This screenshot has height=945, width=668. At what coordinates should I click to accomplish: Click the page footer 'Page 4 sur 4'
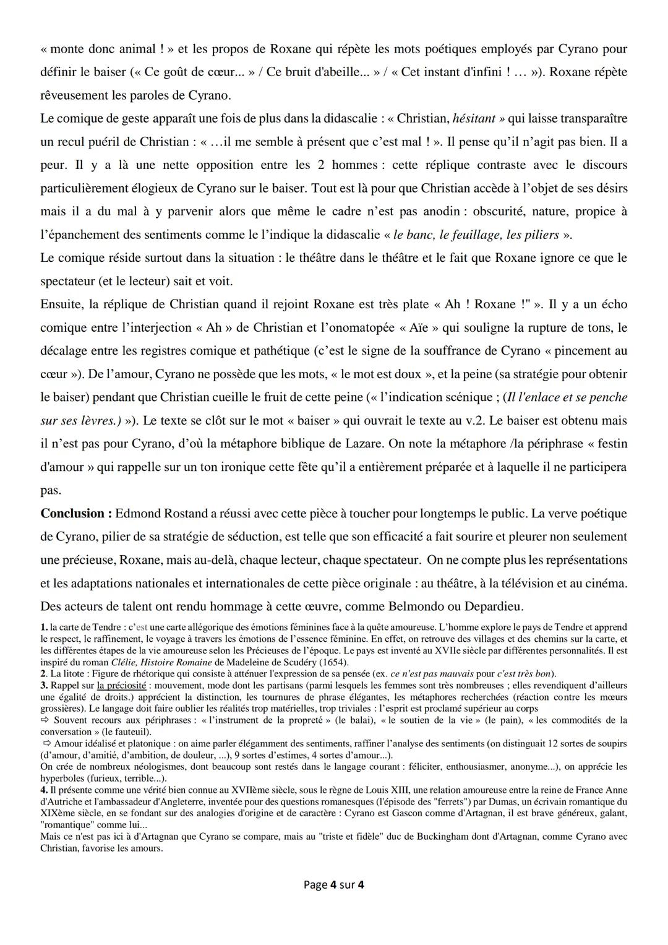(x=333, y=884)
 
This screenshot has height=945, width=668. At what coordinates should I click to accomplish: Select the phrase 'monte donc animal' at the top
(x=102, y=49)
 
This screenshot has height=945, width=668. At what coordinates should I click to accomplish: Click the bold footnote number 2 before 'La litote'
(x=43, y=673)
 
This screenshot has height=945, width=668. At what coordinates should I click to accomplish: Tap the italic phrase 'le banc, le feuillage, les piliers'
(x=476, y=235)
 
